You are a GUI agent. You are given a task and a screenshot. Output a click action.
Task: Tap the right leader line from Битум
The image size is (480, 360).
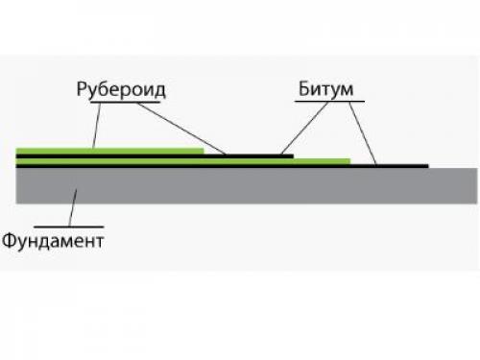pos(362,131)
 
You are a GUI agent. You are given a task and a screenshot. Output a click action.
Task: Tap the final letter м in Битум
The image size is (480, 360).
pos(348,90)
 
